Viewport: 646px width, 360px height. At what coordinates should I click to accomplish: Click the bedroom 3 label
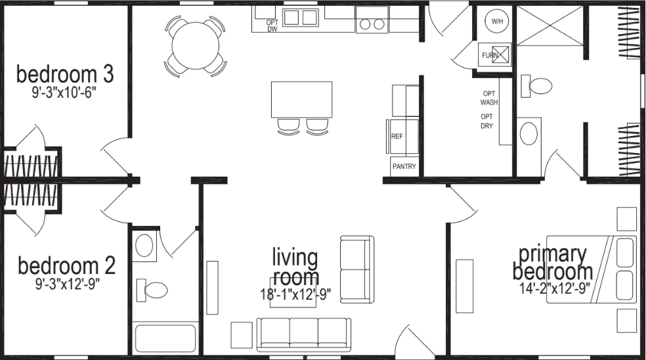point(65,74)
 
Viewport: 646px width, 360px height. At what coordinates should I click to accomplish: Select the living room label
point(295,267)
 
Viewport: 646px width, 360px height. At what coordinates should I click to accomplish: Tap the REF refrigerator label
point(397,137)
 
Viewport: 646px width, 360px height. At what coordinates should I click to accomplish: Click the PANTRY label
point(404,167)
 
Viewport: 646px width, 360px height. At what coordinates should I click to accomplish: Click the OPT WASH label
point(489,98)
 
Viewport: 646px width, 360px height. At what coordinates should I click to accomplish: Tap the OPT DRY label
point(486,121)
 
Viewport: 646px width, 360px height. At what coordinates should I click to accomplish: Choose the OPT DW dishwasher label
point(272,26)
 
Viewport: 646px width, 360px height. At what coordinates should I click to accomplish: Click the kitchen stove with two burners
point(372,23)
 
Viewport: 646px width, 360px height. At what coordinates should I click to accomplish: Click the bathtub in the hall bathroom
point(165,340)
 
